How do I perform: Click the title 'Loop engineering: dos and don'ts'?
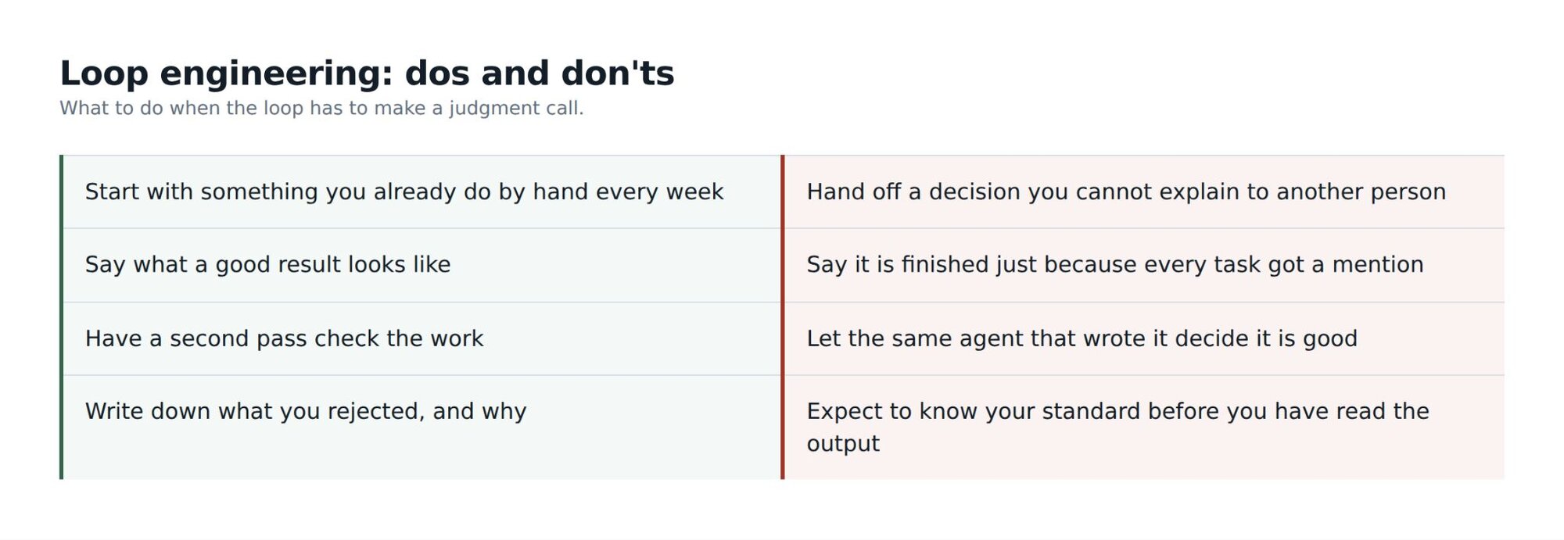tap(367, 73)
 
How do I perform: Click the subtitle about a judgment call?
tap(321, 108)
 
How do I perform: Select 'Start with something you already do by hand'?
tap(404, 192)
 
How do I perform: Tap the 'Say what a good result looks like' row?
tap(267, 265)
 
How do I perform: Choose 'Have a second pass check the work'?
tap(284, 338)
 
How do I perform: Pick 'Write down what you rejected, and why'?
tap(306, 412)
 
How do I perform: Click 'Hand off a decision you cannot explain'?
tap(1126, 192)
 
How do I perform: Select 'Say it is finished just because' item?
tap(1115, 265)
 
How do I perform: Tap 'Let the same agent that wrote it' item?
tap(1082, 338)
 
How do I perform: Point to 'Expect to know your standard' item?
tap(1118, 427)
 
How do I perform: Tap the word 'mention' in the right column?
tap(1378, 265)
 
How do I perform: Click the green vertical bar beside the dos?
tap(61, 317)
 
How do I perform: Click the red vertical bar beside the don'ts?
tap(782, 317)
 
